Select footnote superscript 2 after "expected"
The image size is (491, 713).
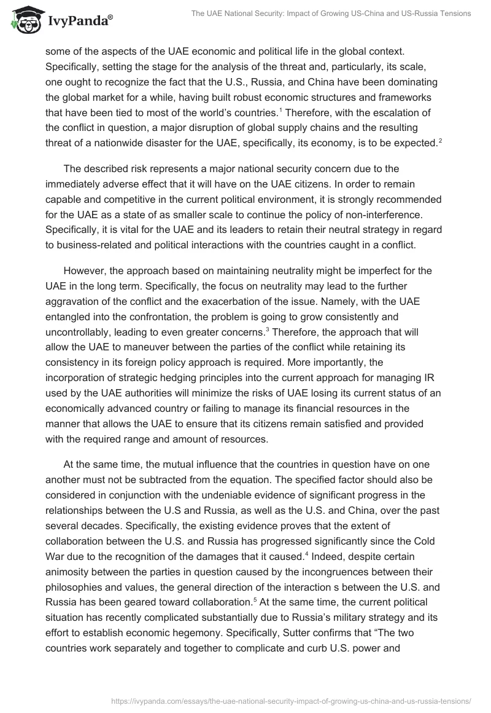coord(440,141)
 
